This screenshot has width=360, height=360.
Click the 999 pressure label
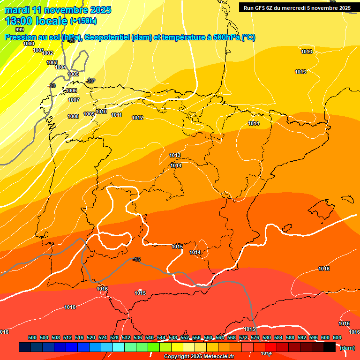pyautogui.click(x=20, y=30)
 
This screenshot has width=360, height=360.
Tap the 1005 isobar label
pyautogui.click(x=74, y=74)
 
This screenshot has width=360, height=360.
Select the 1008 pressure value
pyautogui.click(x=73, y=116)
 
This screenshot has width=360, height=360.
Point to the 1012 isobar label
pyautogui.click(x=138, y=118)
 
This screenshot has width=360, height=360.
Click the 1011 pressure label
pyautogui.click(x=117, y=115)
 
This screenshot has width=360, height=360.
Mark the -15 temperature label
pyautogui.click(x=136, y=259)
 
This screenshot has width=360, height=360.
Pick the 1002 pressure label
pyautogui.click(x=48, y=53)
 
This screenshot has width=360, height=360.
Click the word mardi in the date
pyautogui.click(x=17, y=10)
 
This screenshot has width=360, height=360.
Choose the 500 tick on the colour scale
pyautogui.click(x=32, y=338)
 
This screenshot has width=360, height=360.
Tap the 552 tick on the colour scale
pyautogui.click(x=185, y=338)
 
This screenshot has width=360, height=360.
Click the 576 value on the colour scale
pyautogui.click(x=255, y=338)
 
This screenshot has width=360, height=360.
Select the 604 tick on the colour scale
pyautogui.click(x=337, y=338)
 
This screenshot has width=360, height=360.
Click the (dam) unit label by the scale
pyautogui.click(x=347, y=347)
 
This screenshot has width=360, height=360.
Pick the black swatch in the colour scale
pyautogui.click(x=330, y=347)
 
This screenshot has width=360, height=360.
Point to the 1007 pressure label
pyautogui.click(x=74, y=100)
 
